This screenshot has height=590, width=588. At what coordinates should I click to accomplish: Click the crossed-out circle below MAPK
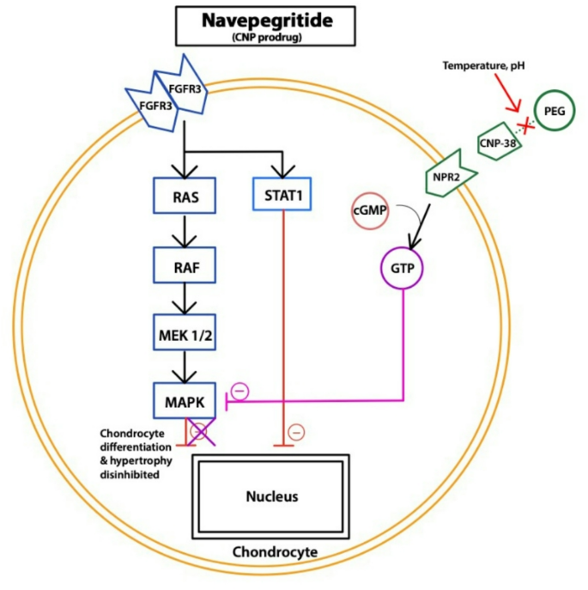coord(199,434)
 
